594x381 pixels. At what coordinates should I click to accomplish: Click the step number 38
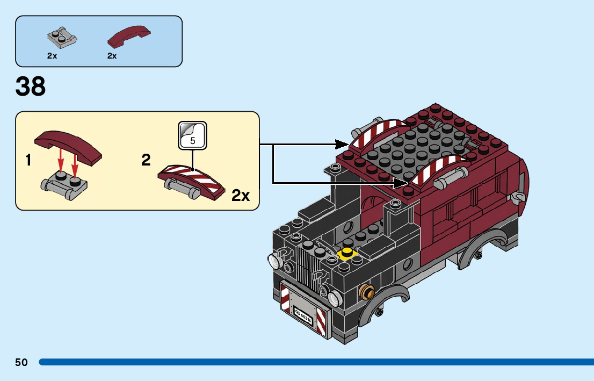pos(31,87)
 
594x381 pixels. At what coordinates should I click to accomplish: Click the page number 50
pos(21,362)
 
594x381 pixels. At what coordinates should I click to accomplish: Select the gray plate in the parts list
pos(62,37)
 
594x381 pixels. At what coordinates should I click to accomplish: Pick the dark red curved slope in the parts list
pos(128,37)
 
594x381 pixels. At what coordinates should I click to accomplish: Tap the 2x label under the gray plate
pos(52,55)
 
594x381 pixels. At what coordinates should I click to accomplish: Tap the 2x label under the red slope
pos(112,55)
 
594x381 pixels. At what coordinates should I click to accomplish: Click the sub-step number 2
pos(146,160)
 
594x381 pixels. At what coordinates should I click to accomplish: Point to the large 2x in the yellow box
pos(241,195)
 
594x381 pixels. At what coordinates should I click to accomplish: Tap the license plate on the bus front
pos(303,313)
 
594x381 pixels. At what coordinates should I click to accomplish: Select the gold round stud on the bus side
pos(367,292)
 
